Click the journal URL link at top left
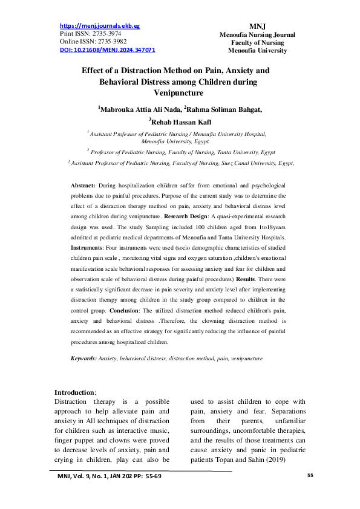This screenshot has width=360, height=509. point(100,27)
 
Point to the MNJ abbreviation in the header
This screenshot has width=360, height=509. point(257,27)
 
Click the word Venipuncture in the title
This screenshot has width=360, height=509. point(180,93)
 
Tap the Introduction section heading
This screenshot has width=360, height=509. point(74,392)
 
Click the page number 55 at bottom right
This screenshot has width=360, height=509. point(310,476)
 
